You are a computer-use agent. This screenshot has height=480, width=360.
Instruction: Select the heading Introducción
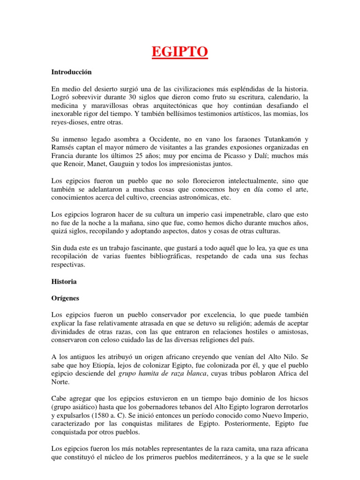tap(71, 72)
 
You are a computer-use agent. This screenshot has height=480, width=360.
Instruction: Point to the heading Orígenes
tap(66, 298)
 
